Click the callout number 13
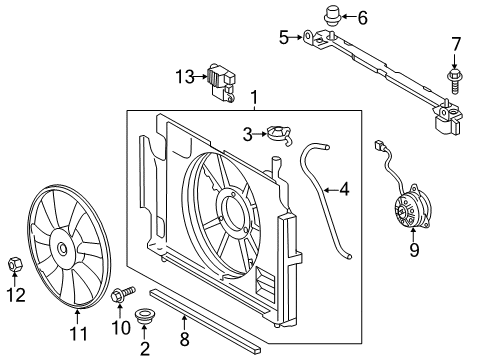click(185, 77)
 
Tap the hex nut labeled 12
click(15, 264)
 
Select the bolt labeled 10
click(123, 294)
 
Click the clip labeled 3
click(279, 135)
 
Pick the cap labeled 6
click(331, 15)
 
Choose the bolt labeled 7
click(454, 80)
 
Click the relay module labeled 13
click(221, 83)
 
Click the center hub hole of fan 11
click(62, 248)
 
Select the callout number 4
click(344, 190)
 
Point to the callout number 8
click(184, 339)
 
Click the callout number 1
click(254, 97)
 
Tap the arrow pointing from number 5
click(295, 37)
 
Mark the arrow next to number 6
click(347, 16)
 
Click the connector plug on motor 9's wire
click(380, 145)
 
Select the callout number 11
click(79, 333)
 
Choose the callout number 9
click(414, 250)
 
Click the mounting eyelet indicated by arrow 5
click(307, 36)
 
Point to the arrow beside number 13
click(201, 77)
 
